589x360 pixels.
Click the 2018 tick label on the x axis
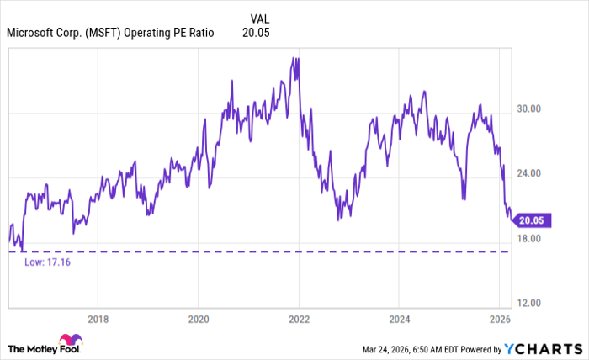coord(98,319)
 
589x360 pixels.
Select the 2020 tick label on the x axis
coord(198,319)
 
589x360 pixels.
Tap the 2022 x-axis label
coord(299,319)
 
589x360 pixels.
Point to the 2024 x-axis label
coord(399,319)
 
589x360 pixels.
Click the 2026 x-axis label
coord(499,319)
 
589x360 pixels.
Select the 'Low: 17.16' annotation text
coord(47,262)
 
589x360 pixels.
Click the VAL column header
coord(261,17)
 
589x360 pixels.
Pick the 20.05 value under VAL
coord(256,33)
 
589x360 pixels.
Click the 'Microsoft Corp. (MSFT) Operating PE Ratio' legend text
coord(110,33)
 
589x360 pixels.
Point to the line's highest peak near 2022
coord(293,58)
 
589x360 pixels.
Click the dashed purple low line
coord(252,251)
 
